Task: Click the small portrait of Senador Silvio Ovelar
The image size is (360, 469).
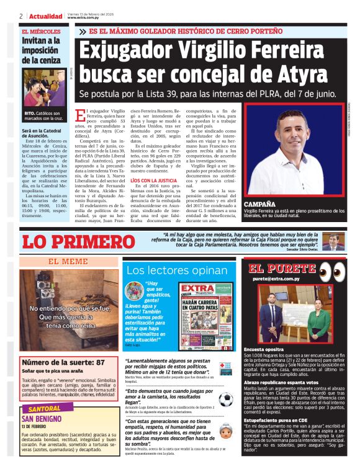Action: [332, 241]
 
